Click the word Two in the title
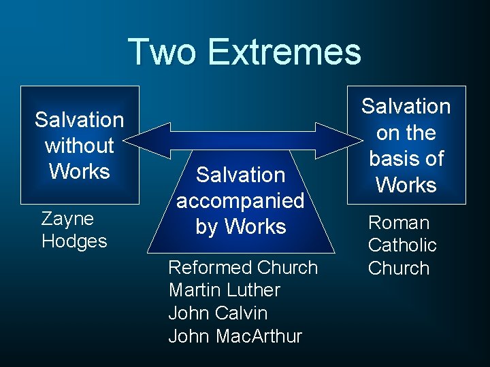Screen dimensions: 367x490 [162, 52]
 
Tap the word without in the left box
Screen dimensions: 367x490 [80, 145]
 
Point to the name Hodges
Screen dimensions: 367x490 [74, 241]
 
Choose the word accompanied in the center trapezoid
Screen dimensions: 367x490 [240, 201]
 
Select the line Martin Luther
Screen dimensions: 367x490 [224, 290]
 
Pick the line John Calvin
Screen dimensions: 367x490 [218, 313]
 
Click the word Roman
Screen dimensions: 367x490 [399, 223]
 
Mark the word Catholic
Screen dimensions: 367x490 [402, 245]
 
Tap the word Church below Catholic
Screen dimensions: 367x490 [399, 268]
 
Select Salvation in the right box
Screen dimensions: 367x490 [406, 107]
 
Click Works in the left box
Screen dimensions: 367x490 [80, 171]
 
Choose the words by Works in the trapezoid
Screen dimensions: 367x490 [240, 226]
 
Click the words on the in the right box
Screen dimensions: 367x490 [406, 133]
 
